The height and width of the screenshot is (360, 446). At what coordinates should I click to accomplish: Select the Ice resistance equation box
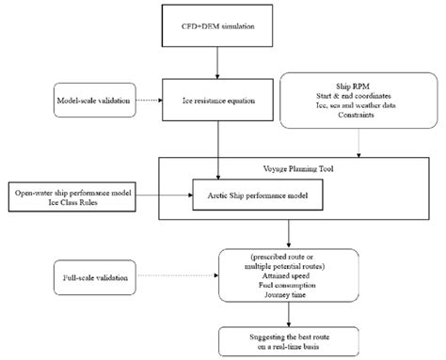pos(218,99)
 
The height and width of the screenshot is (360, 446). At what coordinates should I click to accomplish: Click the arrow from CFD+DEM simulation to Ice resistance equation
pos(218,64)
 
